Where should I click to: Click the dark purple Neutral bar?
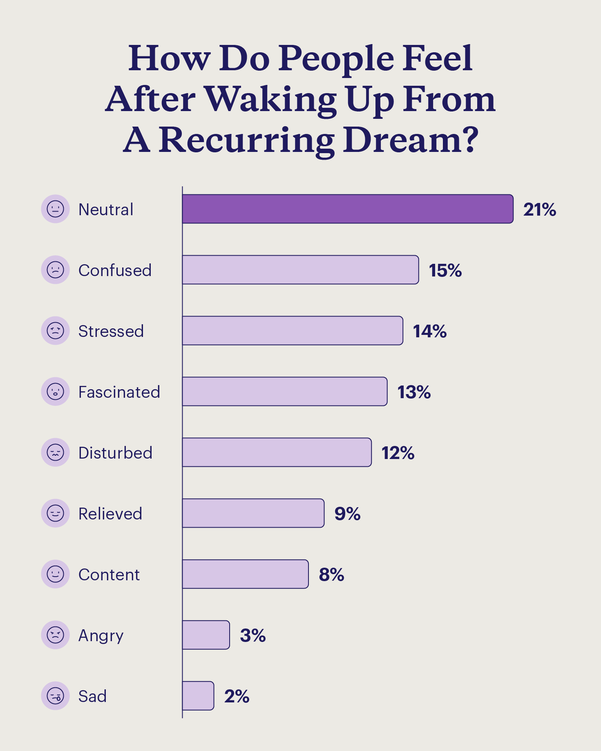coord(347,209)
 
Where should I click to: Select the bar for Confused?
coord(300,270)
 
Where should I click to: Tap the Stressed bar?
coord(292,331)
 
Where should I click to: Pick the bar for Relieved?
coord(253,513)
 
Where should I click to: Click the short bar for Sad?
coord(198,696)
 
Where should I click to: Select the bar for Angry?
coord(206,635)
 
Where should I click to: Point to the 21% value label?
coord(539,209)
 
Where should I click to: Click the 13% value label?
coord(414,392)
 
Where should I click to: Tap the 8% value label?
coord(331,575)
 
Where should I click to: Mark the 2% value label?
coord(237,696)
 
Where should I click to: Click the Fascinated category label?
coord(119,392)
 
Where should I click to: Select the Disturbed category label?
coord(115,453)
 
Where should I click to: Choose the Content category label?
coord(109,575)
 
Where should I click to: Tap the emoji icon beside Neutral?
coord(55,209)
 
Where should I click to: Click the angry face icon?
coord(55,635)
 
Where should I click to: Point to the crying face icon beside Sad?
coord(55,696)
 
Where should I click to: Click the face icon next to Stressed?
coord(55,331)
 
